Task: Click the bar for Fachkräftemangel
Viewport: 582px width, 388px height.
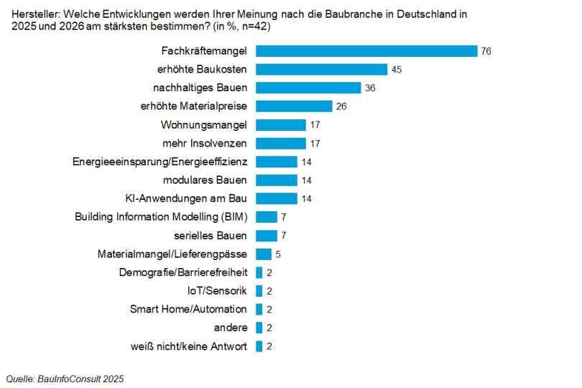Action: click(366, 51)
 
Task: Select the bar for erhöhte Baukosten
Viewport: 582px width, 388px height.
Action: click(321, 70)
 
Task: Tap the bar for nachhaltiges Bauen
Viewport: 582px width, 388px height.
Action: click(308, 88)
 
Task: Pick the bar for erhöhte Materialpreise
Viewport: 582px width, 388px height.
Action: click(294, 106)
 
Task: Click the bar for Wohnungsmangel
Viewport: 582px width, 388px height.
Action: click(281, 125)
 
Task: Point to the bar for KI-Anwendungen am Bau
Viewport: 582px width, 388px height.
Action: click(277, 198)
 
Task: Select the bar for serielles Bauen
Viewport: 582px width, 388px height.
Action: click(267, 236)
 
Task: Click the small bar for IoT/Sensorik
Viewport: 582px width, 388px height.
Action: click(259, 291)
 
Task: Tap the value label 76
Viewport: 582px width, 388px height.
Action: click(486, 51)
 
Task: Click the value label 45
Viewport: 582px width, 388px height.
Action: click(397, 70)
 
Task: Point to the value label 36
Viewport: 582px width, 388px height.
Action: click(370, 88)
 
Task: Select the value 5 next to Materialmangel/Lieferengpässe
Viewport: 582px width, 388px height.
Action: click(279, 254)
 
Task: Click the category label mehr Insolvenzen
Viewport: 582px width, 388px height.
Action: click(205, 143)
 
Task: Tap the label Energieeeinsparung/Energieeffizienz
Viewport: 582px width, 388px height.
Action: click(160, 162)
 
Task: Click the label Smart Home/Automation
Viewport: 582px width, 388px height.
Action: click(188, 309)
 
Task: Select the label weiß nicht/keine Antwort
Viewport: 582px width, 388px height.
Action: click(189, 346)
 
